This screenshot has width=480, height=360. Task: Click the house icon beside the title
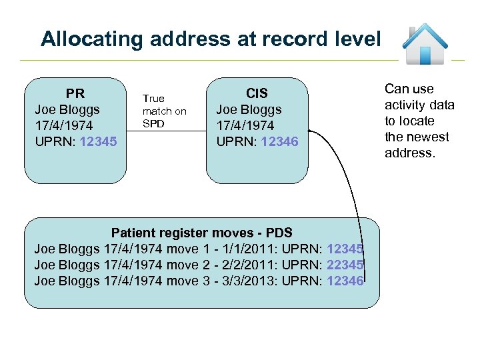pos(425,43)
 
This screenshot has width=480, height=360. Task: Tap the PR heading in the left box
pos(75,93)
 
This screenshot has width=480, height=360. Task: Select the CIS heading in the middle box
pos(257,93)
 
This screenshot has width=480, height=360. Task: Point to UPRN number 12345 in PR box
pos(97,141)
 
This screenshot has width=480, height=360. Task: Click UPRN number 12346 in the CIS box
pos(279,141)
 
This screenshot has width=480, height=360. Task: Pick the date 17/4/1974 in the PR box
pos(65,125)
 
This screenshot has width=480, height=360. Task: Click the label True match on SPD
pos(164,111)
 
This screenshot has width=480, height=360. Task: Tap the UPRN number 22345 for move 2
pos(345,265)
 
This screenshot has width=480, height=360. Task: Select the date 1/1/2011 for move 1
pos(248,249)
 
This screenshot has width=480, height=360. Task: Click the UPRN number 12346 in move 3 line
pos(345,281)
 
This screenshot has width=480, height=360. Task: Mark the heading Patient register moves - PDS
pos(201,233)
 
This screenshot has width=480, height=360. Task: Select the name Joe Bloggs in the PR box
pos(67,109)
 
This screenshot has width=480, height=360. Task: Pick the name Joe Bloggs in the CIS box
pos(249,109)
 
